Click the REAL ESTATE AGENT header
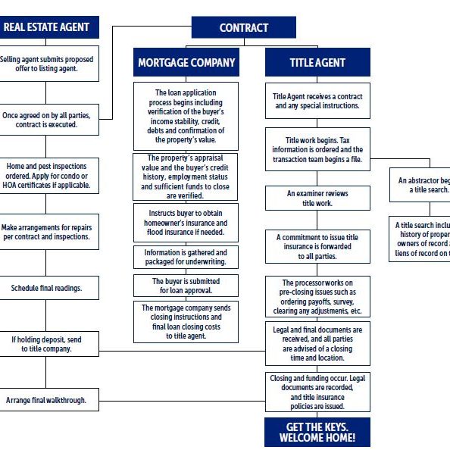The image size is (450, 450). point(47,28)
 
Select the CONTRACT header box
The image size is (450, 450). point(243,28)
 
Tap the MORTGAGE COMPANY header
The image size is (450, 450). point(186,62)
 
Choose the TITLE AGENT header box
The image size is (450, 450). point(317,63)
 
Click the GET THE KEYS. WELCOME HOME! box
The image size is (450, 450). point(317,432)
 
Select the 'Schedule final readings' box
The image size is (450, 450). point(47,288)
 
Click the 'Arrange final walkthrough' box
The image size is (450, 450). point(47,399)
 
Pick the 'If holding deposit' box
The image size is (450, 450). point(47,344)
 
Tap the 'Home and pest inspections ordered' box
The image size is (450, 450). point(47,177)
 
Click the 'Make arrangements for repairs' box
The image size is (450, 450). point(47,231)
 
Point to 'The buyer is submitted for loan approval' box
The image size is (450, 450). point(186,285)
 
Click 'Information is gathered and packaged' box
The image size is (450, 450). point(186,257)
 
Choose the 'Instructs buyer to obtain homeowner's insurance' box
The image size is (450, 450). point(186,223)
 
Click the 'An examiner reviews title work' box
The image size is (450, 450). point(317,198)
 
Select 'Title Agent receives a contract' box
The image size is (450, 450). point(317,102)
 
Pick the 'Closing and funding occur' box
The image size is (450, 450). point(317,392)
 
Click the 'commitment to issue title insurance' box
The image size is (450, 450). point(317,247)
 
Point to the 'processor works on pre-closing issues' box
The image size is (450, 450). point(317,296)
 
